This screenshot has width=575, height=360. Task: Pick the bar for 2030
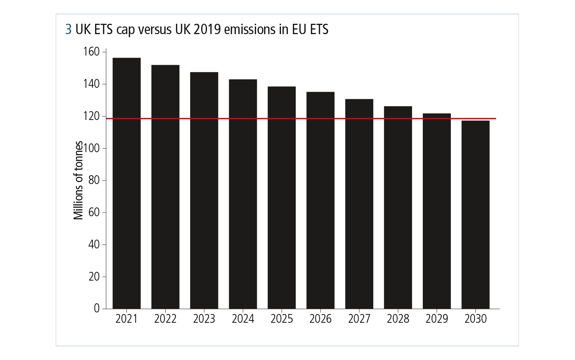[475, 215]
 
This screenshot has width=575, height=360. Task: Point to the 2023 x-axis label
[204, 319]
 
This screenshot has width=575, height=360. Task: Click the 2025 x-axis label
[282, 319]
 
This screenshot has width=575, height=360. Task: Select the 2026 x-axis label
[320, 319]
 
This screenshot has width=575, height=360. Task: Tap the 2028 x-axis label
[398, 319]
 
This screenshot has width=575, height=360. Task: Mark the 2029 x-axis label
[437, 319]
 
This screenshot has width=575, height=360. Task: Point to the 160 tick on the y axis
[91, 52]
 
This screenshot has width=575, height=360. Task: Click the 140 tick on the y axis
[91, 84]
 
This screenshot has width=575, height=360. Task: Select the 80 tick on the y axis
[94, 180]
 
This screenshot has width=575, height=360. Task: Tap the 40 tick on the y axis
[94, 245]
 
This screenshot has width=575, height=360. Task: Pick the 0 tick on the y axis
[97, 309]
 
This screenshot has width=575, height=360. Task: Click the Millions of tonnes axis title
[78, 180]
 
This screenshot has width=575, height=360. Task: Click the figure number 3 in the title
[68, 30]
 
